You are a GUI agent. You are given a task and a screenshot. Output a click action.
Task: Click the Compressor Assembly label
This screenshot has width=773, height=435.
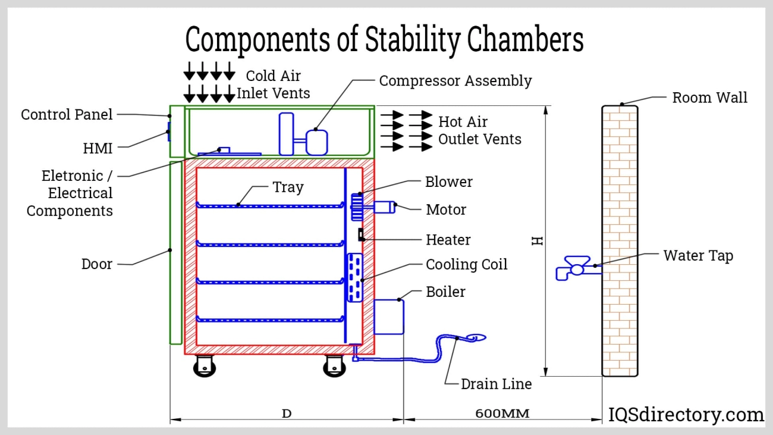[455, 81]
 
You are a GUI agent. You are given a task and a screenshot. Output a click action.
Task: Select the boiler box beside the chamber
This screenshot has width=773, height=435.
[388, 317]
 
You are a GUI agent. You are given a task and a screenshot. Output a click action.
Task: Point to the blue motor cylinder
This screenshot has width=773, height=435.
[384, 207]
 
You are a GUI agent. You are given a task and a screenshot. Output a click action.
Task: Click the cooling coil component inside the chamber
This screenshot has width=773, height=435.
[354, 277]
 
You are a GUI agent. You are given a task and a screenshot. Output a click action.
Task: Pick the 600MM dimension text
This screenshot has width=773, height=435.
[503, 413]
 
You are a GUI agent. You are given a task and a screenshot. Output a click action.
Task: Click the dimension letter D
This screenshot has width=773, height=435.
[287, 413]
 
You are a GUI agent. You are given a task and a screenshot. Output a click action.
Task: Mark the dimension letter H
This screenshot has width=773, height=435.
[538, 240]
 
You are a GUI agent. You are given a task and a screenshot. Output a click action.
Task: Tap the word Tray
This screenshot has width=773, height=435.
[288, 187]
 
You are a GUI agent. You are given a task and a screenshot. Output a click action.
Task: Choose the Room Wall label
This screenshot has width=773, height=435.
[709, 98]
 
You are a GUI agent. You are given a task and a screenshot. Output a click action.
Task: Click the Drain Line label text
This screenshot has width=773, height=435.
[496, 384]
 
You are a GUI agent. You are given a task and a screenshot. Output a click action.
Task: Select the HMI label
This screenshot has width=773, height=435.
[98, 148]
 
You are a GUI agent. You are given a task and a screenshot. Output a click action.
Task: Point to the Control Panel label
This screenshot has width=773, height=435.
[67, 114]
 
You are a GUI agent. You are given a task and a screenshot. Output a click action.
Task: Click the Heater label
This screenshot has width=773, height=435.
[448, 240]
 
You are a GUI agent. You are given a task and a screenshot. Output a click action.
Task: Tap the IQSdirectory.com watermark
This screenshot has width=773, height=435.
[686, 415]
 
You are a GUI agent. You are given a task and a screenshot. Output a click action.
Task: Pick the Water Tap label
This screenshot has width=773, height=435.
[698, 256]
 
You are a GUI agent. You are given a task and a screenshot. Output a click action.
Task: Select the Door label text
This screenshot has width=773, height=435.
[97, 264]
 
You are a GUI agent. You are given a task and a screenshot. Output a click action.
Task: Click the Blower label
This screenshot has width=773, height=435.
[449, 182]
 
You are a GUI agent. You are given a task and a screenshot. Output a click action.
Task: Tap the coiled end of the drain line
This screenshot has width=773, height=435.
[476, 338]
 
